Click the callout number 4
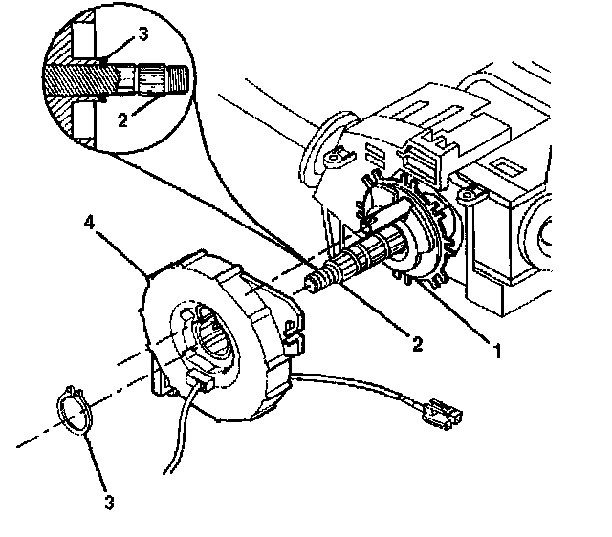90,223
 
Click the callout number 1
497,351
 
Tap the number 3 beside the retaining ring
110,502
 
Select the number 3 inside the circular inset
143,34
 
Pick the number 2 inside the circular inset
123,120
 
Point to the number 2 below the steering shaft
417,344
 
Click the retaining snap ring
74,411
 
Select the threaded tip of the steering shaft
317,279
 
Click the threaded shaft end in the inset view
178,78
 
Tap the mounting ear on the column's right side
472,194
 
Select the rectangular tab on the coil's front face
200,381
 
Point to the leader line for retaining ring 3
95,462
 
